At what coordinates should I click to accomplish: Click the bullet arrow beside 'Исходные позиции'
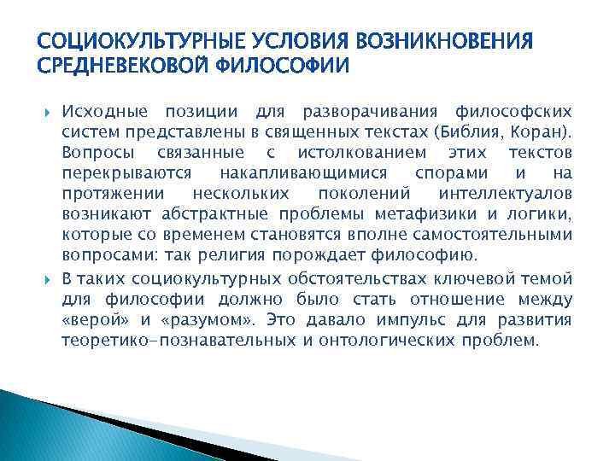coord(46,113)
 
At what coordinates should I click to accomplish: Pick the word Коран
coord(537,131)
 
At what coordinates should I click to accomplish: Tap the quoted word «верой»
coord(91,320)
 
